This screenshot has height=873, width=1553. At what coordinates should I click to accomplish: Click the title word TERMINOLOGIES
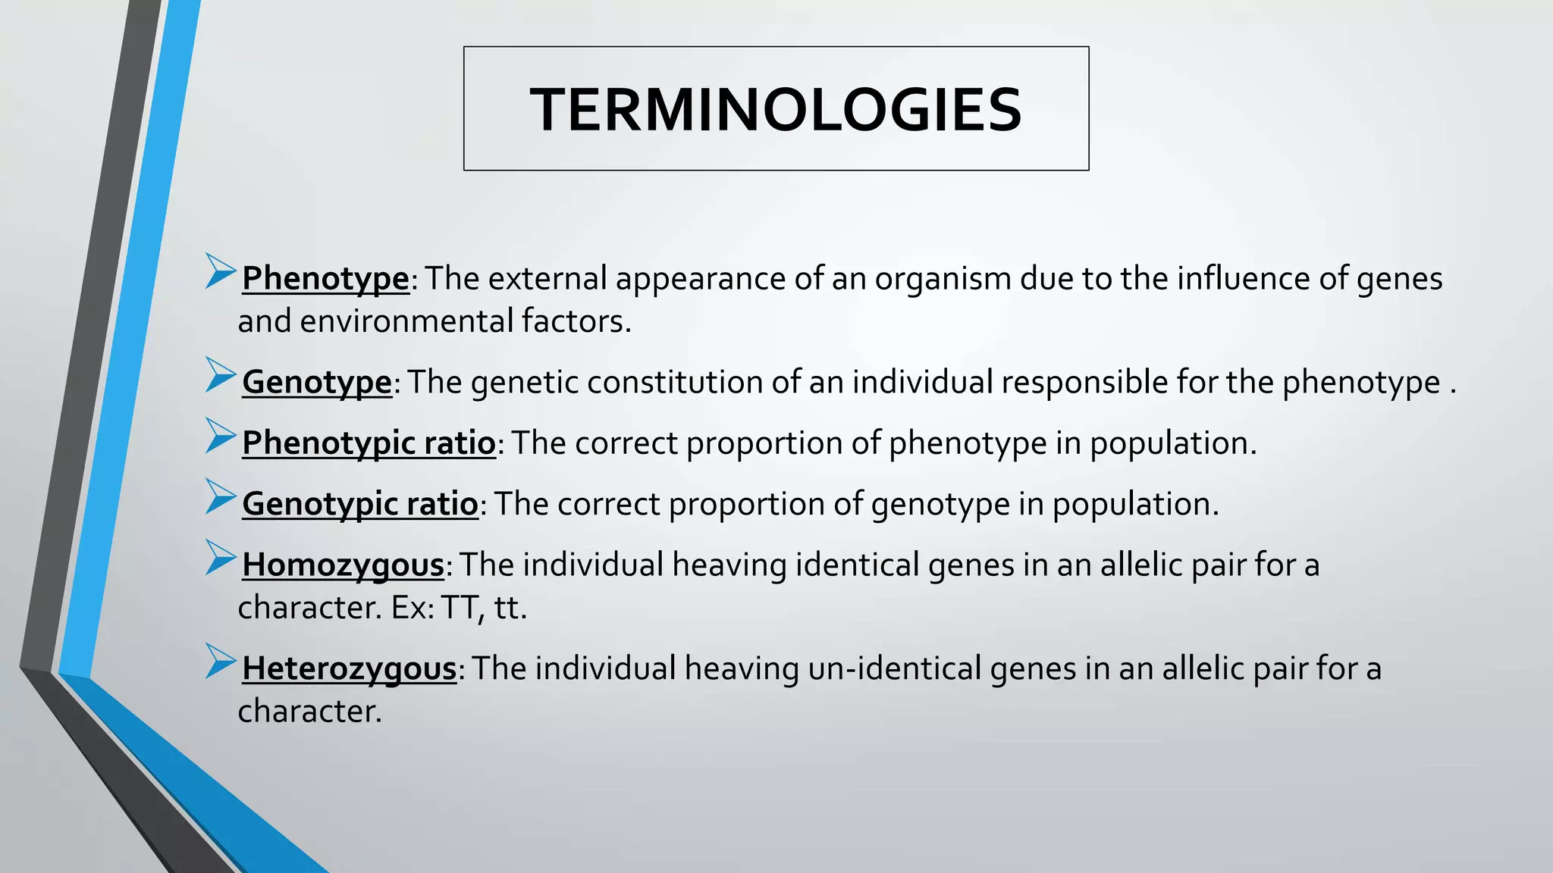[x=776, y=110]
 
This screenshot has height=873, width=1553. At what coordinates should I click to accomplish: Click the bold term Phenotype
[x=325, y=279]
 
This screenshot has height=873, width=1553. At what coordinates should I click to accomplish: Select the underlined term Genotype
[x=317, y=382]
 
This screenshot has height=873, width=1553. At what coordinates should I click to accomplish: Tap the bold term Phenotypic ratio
[x=369, y=443]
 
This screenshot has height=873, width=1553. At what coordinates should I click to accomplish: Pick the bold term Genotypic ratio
[x=360, y=504]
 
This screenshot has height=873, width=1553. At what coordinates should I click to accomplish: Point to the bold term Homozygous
[x=343, y=565]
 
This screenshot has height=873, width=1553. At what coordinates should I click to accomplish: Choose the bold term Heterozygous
[x=350, y=669]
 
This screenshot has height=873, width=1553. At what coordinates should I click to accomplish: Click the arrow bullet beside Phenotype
[x=220, y=271]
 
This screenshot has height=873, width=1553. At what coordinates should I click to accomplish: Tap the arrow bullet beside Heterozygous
[x=220, y=662]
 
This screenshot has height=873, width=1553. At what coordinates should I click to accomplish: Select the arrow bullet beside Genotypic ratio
[x=220, y=497]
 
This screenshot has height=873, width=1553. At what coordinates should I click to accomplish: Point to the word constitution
[x=674, y=382]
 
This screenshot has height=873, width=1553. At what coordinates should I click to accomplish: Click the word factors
[x=576, y=321]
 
